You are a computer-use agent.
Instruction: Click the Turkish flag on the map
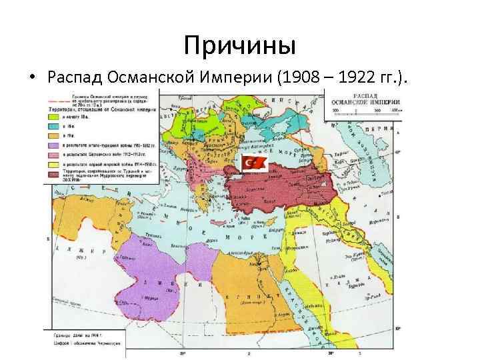[255, 162]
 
